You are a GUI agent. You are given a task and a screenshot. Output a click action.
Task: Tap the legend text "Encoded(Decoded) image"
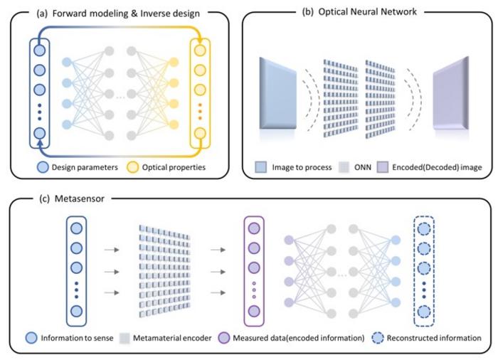433,169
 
